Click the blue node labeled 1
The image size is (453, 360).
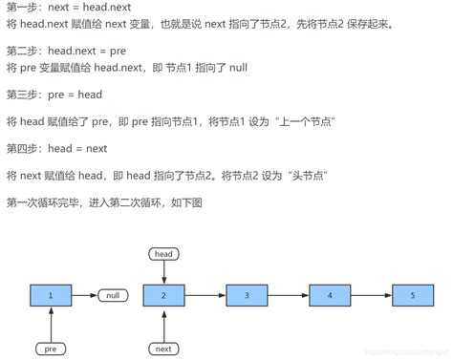[50, 296]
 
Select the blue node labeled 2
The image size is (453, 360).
[163, 296]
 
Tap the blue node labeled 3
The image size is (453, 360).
[247, 296]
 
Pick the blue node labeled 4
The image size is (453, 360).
[330, 296]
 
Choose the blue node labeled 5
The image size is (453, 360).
[413, 296]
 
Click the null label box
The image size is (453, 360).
[114, 296]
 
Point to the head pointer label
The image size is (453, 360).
[163, 253]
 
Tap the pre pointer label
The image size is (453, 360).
[50, 349]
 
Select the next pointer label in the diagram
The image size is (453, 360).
[163, 349]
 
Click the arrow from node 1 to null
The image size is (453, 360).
[84, 296]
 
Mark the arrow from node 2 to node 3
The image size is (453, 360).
[205, 296]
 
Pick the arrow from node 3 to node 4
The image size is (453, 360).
[289, 296]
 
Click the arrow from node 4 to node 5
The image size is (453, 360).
[372, 296]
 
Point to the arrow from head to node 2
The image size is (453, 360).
[163, 271]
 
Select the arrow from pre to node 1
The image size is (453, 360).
[50, 325]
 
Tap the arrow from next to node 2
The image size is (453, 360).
[163, 325]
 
